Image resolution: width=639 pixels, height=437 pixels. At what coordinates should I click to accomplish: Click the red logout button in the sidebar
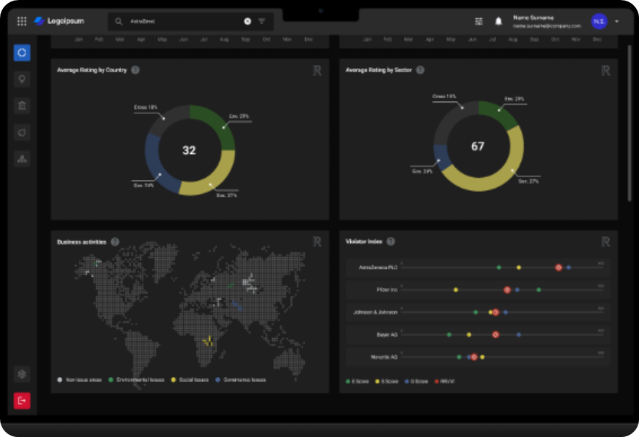click(22, 400)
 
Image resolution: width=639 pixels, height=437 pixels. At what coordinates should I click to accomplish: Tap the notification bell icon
click(499, 22)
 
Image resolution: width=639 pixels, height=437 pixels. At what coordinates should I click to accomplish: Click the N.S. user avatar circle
click(598, 22)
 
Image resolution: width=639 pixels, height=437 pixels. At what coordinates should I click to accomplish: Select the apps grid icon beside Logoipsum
click(22, 22)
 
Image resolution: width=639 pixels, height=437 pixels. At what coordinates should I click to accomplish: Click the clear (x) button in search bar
click(247, 22)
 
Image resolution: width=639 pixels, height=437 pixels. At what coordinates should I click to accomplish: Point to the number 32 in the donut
click(189, 150)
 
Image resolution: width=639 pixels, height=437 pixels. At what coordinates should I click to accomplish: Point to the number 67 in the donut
click(478, 147)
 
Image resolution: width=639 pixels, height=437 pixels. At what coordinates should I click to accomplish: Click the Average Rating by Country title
click(92, 70)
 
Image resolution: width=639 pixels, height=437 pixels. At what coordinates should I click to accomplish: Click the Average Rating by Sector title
click(379, 70)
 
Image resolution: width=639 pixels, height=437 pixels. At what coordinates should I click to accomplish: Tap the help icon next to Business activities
click(115, 242)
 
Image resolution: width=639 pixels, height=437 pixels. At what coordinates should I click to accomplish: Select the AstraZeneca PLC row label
click(378, 267)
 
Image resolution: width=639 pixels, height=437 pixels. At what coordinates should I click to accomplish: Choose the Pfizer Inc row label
click(387, 290)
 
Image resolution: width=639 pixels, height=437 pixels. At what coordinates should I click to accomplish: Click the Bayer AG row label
click(387, 334)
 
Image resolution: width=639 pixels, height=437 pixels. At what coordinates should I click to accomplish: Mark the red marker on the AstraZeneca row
click(559, 267)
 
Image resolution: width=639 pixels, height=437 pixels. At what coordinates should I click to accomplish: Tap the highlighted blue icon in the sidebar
click(22, 53)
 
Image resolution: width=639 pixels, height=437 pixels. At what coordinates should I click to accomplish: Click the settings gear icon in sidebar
click(22, 374)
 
